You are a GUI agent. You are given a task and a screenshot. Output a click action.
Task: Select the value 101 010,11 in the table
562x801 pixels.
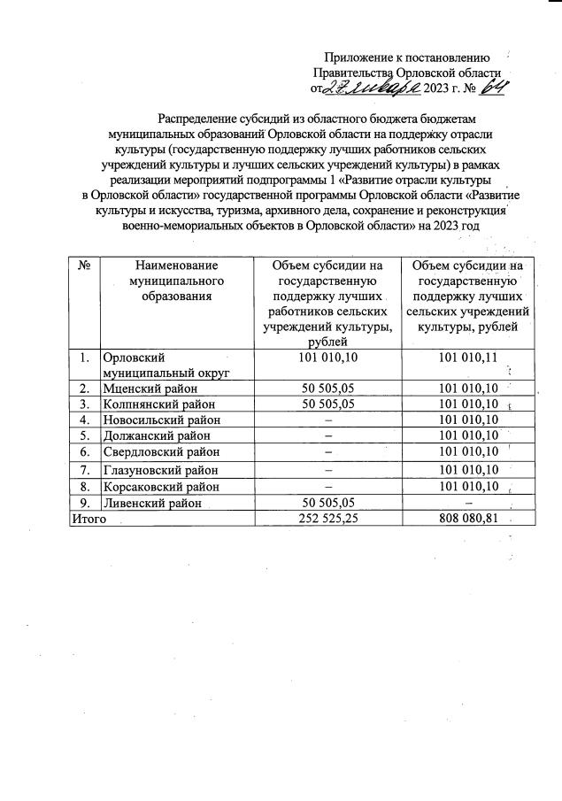[x=468, y=358]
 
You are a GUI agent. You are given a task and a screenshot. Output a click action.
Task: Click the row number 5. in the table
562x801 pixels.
[x=83, y=435]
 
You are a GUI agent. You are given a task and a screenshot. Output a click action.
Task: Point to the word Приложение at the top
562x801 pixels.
[x=357, y=57]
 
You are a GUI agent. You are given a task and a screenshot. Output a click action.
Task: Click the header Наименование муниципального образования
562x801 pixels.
[x=177, y=280]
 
